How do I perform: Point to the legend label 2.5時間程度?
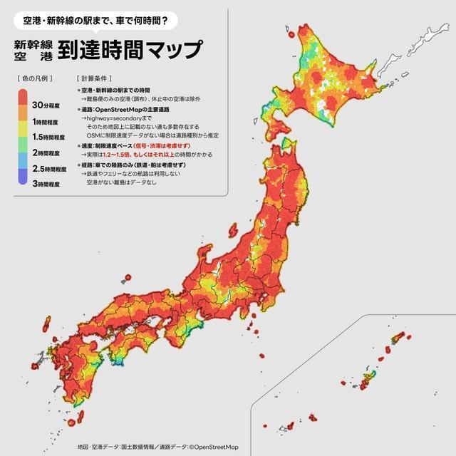pyautogui.click(x=49, y=169)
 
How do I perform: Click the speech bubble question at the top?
pyautogui.click(x=95, y=20)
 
